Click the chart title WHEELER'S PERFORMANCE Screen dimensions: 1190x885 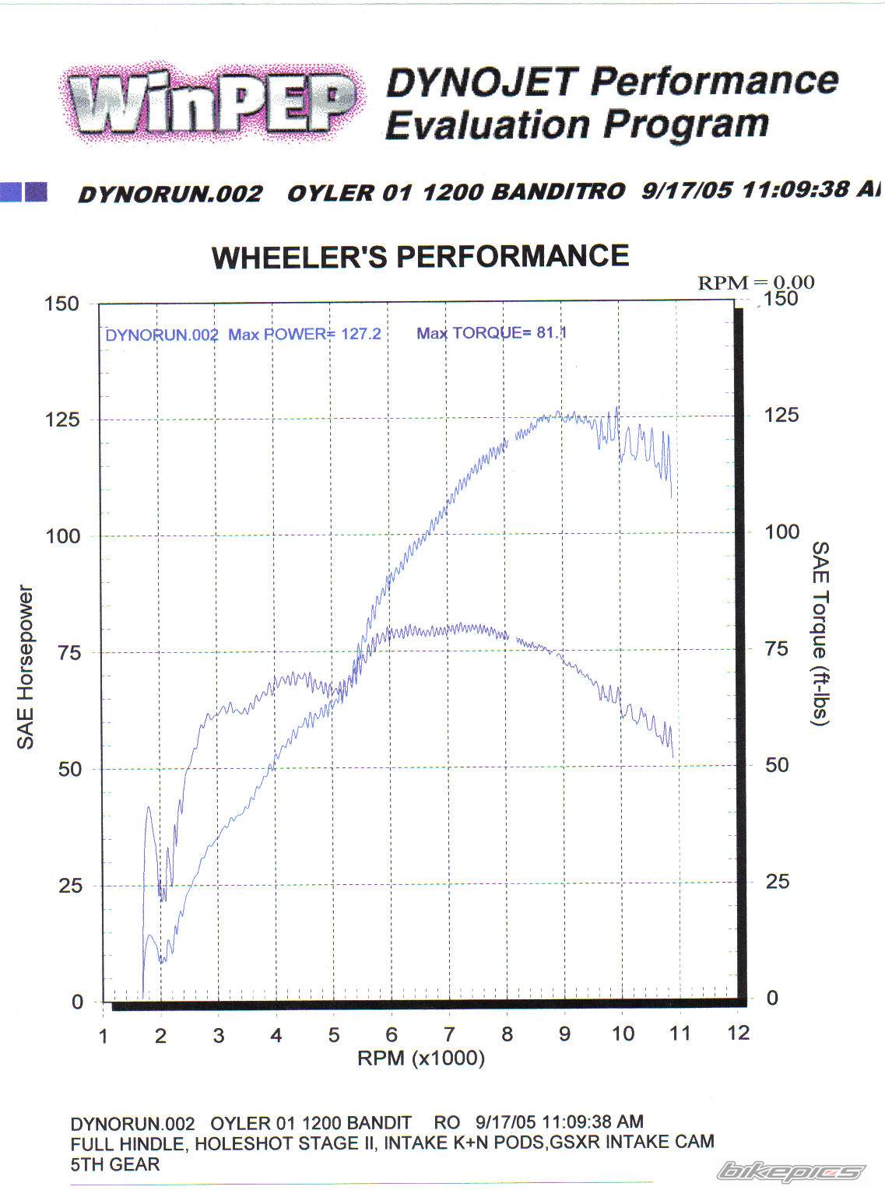click(x=420, y=256)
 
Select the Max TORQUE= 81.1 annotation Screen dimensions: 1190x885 click(x=491, y=333)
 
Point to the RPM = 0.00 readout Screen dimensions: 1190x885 click(x=755, y=283)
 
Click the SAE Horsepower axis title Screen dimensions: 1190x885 click(x=26, y=667)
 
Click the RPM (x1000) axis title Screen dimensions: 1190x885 click(x=421, y=1058)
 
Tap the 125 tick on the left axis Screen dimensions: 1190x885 click(x=63, y=420)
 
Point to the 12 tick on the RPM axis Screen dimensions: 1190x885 click(x=738, y=1033)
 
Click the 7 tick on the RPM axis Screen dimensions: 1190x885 click(x=449, y=1034)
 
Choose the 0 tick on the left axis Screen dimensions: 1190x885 click(x=77, y=1002)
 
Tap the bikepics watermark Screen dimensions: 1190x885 click(x=791, y=1170)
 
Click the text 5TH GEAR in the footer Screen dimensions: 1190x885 click(x=115, y=1164)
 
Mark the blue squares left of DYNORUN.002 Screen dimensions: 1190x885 click(x=24, y=191)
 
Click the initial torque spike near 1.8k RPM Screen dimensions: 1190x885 click(x=149, y=809)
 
